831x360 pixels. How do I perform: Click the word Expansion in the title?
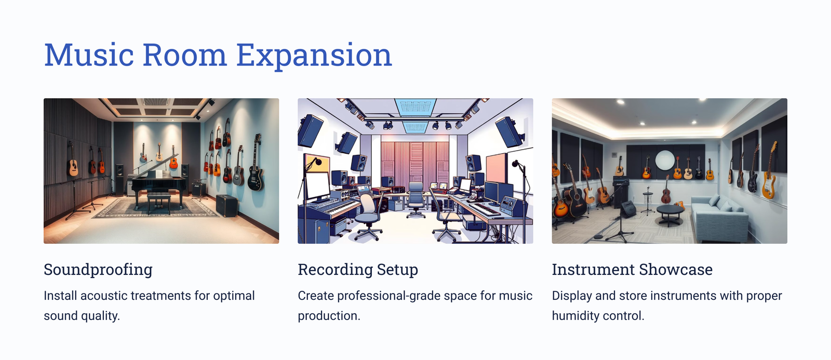click(314, 55)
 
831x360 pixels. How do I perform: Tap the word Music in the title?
click(89, 55)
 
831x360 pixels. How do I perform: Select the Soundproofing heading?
click(98, 270)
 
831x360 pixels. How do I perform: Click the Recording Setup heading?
click(358, 270)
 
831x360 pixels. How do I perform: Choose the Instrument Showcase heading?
click(632, 270)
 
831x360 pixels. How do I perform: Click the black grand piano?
click(159, 182)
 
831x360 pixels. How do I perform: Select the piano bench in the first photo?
click(159, 201)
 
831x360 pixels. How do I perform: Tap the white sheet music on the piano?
click(159, 174)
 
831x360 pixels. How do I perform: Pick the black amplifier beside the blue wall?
click(226, 205)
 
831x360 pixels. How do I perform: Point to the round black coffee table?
click(670, 214)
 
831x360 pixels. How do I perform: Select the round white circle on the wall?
click(665, 161)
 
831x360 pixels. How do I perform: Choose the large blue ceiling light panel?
click(415, 107)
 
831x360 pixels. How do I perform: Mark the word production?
click(329, 316)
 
